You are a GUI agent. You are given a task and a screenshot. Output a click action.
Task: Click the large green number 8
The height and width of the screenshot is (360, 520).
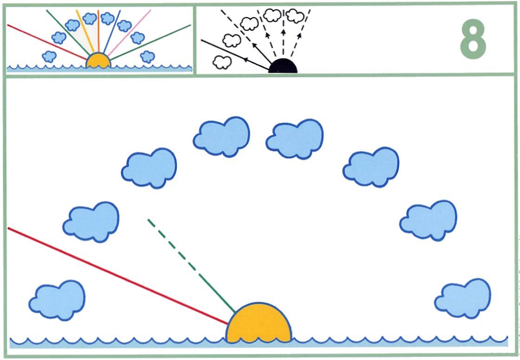click(473, 39)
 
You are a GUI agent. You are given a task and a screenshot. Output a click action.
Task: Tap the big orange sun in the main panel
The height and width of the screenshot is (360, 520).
click(259, 323)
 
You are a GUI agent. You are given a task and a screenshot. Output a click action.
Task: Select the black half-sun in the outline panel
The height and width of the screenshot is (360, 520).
click(283, 66)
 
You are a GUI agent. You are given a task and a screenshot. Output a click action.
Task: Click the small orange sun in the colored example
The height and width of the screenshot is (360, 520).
click(98, 61)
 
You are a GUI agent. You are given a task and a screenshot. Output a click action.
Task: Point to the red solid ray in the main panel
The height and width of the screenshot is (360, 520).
click(118, 276)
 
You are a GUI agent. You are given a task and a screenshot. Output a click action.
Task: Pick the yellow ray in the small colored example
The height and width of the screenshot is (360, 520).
click(85, 31)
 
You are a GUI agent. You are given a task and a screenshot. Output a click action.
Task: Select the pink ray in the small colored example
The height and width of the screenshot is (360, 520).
click(129, 33)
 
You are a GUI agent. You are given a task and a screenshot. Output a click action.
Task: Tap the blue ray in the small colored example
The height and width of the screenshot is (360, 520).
click(112, 32)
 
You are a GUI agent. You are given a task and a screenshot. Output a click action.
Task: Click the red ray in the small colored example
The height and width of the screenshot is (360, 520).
click(47, 42)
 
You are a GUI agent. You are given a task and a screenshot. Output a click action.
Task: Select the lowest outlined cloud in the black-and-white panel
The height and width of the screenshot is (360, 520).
click(222, 62)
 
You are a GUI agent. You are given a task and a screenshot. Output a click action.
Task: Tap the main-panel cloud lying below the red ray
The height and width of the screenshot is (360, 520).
click(57, 300)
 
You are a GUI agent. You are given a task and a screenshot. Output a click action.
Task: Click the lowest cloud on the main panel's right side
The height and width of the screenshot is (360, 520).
click(462, 298)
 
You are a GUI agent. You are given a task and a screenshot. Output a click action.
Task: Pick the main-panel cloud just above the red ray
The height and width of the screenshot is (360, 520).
click(91, 221)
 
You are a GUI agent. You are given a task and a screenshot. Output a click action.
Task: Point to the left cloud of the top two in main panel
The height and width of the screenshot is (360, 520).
click(221, 137)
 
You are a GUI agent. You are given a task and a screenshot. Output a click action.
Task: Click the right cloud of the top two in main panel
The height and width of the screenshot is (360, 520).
click(294, 139)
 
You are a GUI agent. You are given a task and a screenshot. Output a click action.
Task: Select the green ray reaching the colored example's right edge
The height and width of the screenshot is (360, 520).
click(150, 42)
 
